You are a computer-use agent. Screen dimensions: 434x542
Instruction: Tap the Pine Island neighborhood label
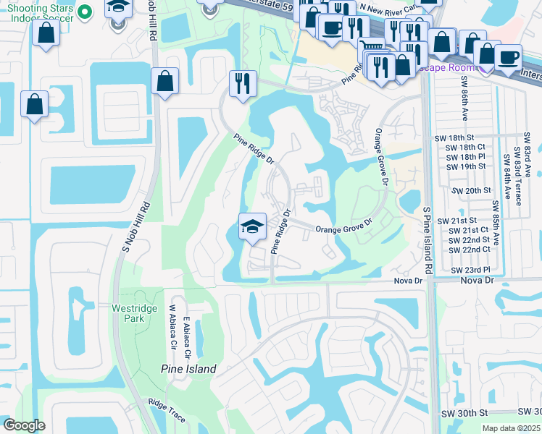coord(188,369)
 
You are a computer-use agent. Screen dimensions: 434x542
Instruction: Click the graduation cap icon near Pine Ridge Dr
coord(252,226)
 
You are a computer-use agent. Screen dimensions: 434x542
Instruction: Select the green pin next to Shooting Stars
coord(85,12)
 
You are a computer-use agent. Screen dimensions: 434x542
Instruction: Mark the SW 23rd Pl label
coord(466,270)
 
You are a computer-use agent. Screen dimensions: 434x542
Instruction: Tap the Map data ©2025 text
coord(510,428)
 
